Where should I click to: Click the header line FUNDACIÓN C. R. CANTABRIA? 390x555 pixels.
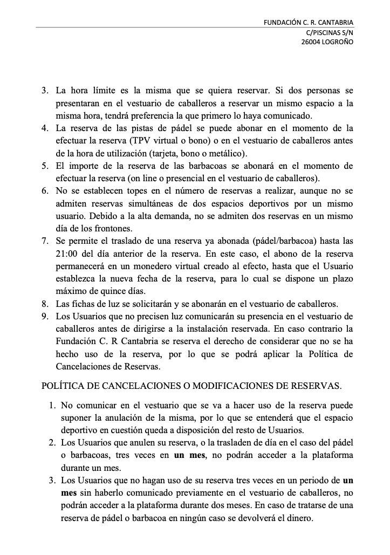[x=309, y=23]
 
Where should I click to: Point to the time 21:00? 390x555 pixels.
[x=67, y=253]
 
